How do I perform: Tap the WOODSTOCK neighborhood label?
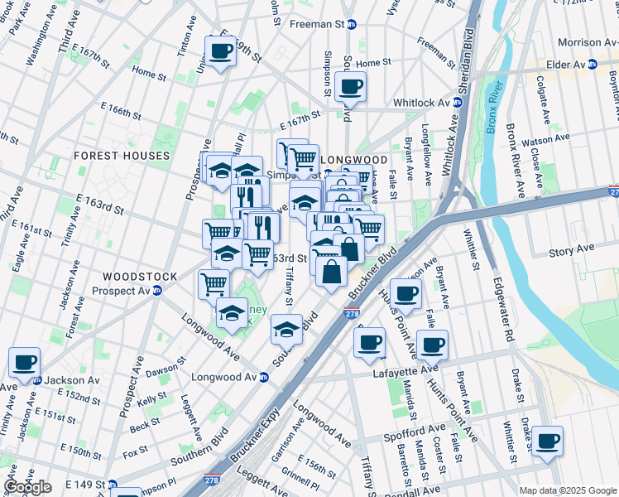click(140, 276)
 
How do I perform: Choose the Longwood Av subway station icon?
click(264, 377)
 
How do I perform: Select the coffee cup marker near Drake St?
click(547, 442)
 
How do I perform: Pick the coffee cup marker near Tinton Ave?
click(220, 51)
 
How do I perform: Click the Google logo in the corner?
click(27, 487)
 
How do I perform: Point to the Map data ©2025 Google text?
click(567, 490)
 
